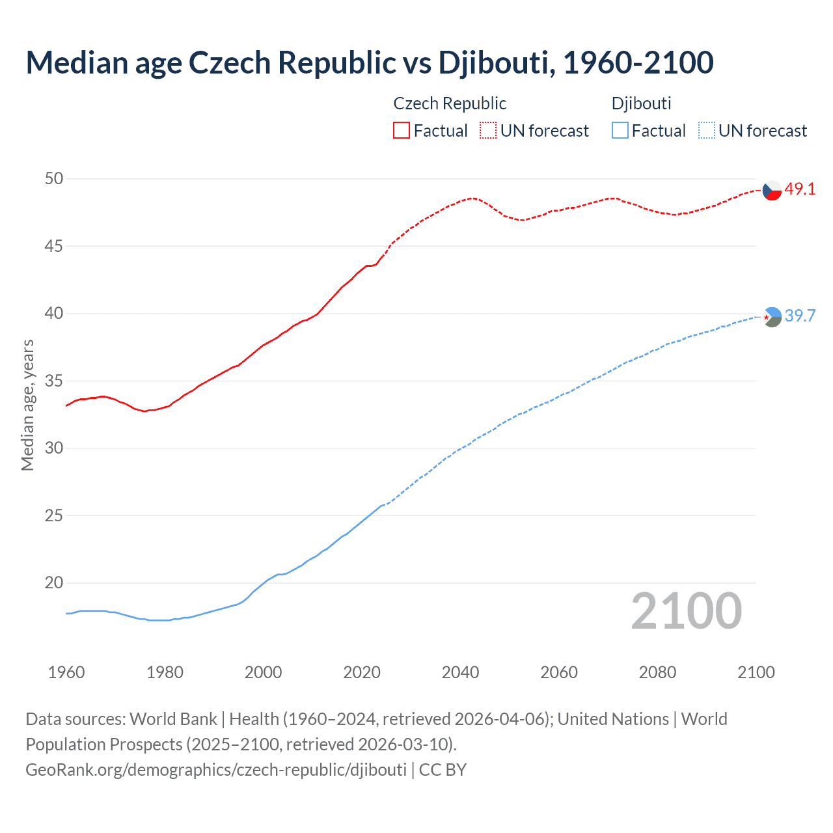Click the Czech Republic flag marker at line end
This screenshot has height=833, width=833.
coord(772,190)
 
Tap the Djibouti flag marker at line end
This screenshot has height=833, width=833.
coord(772,317)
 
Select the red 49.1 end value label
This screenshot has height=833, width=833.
coord(800,189)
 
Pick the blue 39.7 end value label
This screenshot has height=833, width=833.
coord(800,316)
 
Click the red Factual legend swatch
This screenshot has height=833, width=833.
coord(402,131)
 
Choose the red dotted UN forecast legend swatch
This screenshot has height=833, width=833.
coord(488,131)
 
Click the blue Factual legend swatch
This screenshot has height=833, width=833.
coord(620,131)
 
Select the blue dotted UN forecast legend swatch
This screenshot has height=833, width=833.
coord(707,131)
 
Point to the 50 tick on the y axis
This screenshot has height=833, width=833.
coord(54,179)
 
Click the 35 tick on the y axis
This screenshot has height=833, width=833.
coord(54,381)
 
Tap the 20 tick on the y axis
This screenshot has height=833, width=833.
coord(54,583)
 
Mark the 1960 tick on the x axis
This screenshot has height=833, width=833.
coord(66,672)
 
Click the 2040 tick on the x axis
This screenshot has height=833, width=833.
coord(461,672)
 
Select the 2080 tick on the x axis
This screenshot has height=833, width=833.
coord(657,672)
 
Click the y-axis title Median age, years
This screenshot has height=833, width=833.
coord(27,405)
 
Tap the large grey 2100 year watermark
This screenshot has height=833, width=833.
coord(687,611)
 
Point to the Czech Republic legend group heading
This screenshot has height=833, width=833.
coord(450,103)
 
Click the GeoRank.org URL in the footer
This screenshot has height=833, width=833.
coord(216,770)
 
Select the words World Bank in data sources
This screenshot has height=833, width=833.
coord(173,719)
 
